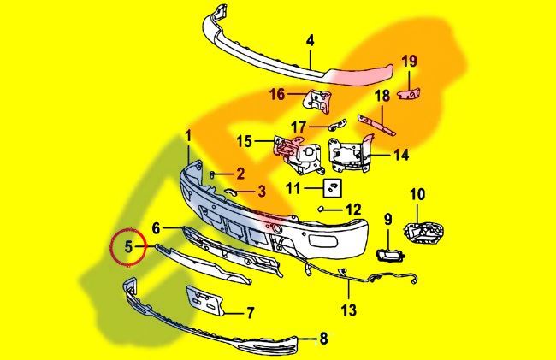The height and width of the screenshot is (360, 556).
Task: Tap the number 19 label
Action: (410, 61)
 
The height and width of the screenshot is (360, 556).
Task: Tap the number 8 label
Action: (323, 339)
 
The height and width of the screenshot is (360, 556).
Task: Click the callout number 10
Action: (417, 194)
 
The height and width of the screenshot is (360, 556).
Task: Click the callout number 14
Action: (401, 156)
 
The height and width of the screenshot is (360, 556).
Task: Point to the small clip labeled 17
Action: (334, 124)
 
